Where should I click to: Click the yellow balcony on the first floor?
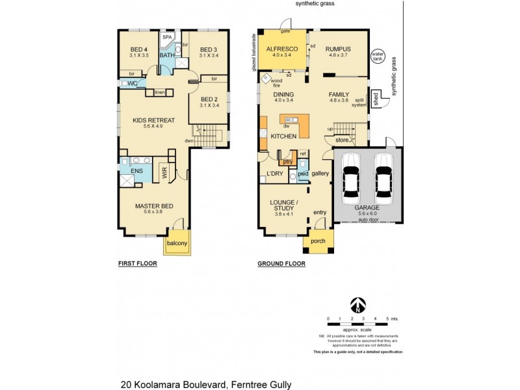click(176, 243)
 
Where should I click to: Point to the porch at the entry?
click(318, 243)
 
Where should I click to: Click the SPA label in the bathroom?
click(166, 38)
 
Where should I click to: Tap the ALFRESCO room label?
click(282, 49)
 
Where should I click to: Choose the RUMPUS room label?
click(339, 49)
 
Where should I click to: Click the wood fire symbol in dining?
click(266, 79)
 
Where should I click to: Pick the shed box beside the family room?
click(375, 99)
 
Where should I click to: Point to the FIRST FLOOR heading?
click(137, 264)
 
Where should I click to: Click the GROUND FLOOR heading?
click(281, 264)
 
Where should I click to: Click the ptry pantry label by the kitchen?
click(287, 161)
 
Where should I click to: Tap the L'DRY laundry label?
click(276, 174)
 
